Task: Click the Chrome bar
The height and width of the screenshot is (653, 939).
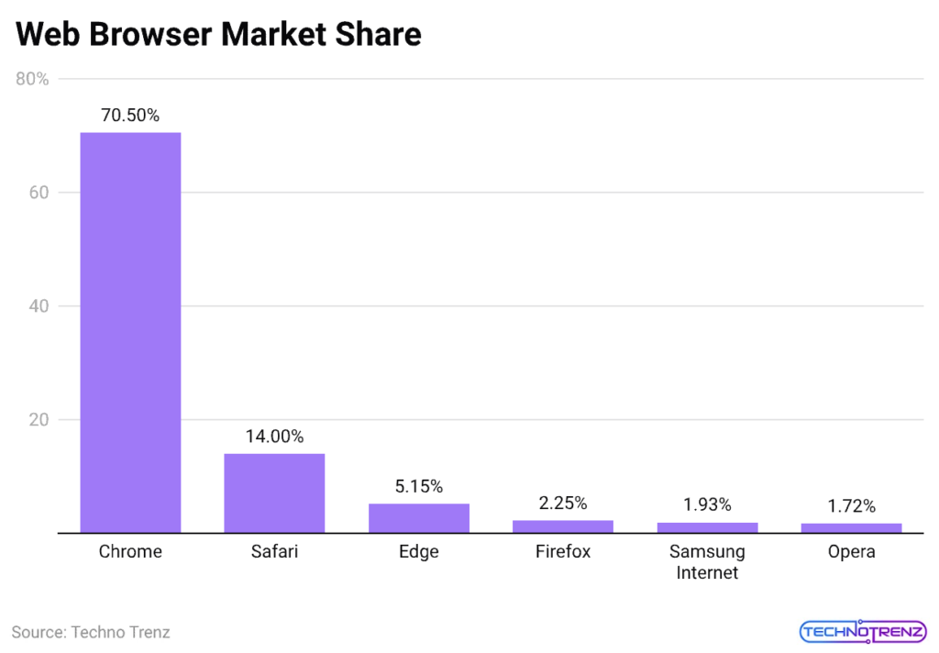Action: point(130,332)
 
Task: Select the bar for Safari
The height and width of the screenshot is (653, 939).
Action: point(274,493)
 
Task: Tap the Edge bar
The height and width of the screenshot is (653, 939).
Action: point(418,518)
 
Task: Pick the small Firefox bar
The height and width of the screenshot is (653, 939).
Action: point(563,526)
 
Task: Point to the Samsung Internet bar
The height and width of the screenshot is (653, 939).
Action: point(707,527)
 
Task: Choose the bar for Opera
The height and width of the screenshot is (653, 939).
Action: point(851,527)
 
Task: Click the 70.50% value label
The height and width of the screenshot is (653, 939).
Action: point(130,116)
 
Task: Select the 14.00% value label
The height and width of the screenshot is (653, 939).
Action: point(274,437)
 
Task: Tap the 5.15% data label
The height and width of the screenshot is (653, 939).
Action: point(418,486)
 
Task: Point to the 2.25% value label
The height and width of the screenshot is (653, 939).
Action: point(563,503)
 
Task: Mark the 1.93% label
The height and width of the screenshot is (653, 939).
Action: point(707,504)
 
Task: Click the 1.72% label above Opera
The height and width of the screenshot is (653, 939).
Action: point(851,505)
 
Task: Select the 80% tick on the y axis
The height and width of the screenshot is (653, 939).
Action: point(33,80)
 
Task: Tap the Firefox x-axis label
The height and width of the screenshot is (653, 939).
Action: point(563,552)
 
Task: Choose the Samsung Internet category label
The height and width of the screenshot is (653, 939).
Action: point(707,562)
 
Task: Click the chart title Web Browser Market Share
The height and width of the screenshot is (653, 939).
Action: point(218,34)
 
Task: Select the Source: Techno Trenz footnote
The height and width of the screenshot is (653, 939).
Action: point(91,632)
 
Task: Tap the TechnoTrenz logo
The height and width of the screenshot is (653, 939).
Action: point(862,632)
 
